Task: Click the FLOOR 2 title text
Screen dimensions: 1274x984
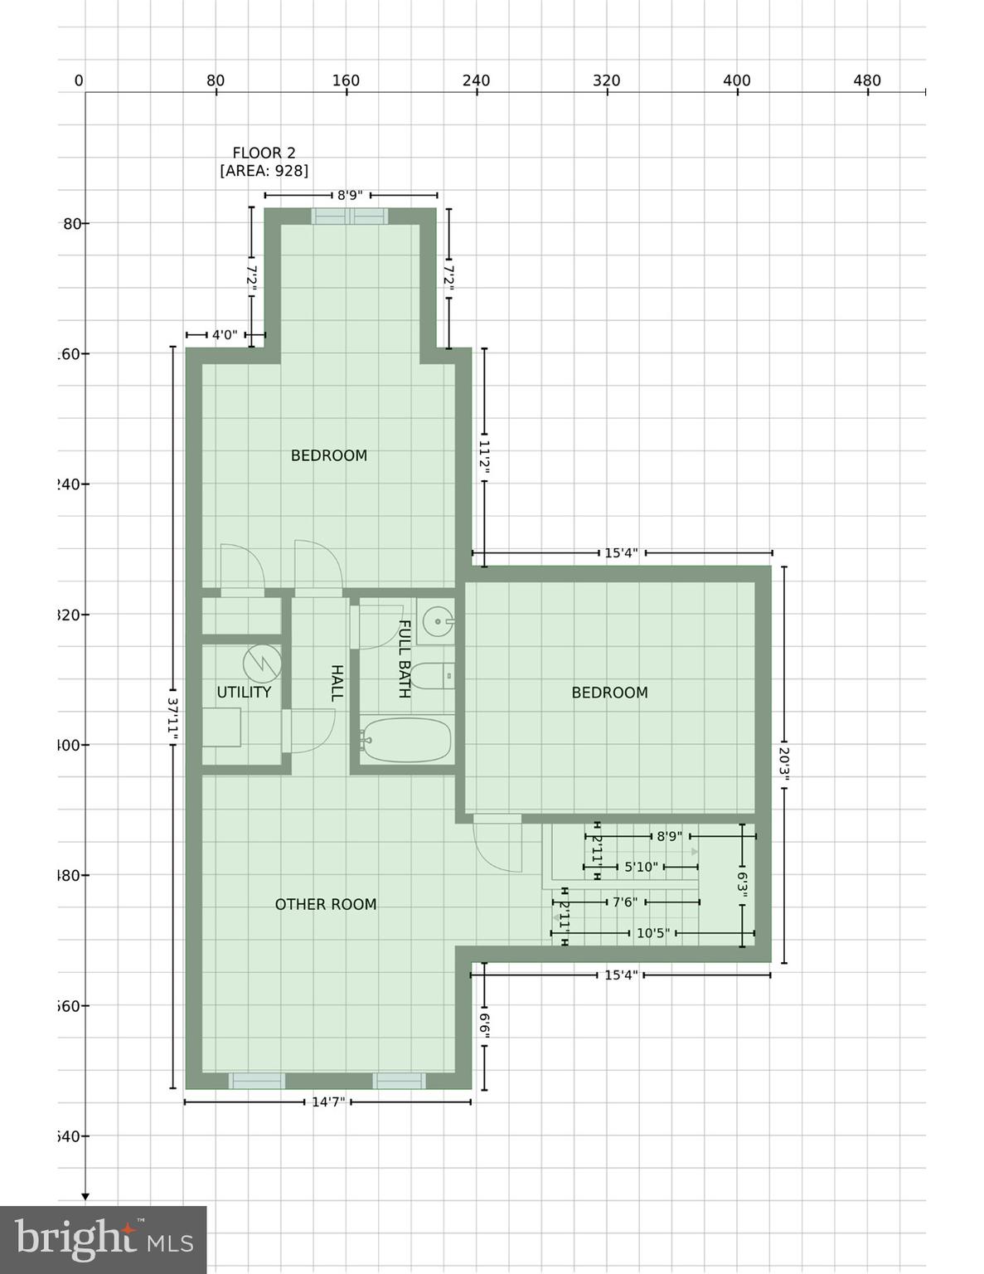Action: coord(264,153)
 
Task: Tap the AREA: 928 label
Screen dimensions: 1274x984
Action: coord(264,171)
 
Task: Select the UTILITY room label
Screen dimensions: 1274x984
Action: coord(244,692)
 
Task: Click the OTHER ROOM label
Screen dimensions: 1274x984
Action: coord(326,904)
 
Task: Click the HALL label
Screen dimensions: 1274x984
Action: coord(337,683)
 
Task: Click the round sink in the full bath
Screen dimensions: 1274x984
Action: coord(436,620)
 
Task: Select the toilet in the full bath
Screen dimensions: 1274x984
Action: coord(433,677)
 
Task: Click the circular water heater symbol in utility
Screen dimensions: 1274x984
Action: coord(262,663)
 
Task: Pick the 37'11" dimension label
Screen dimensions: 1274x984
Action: coord(172,717)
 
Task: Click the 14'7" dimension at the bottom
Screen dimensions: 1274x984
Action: coord(328,1101)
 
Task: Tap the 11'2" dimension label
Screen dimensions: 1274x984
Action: coord(485,458)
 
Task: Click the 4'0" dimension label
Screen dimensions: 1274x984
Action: coord(225,335)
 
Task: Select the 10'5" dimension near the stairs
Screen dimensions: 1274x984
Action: coord(652,933)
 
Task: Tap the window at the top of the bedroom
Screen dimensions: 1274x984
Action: coord(350,216)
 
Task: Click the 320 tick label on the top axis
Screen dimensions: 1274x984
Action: coord(606,80)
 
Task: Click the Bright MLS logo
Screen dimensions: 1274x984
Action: coord(104,1240)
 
